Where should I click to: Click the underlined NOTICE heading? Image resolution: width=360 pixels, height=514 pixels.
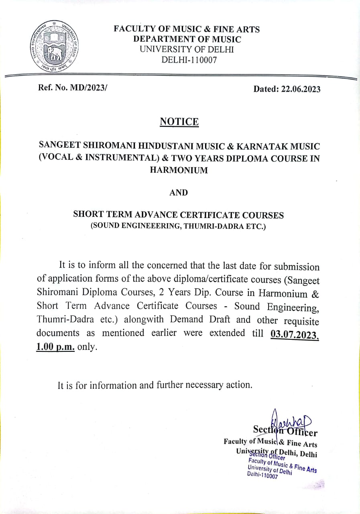tap(179, 121)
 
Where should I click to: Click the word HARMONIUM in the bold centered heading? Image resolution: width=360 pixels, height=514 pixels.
tap(179, 170)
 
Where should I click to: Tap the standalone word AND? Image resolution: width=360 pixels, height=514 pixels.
tap(179, 193)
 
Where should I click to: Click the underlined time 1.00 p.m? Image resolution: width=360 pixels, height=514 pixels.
tap(55, 347)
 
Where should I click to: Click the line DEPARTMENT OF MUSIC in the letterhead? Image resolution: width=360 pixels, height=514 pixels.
tap(187, 39)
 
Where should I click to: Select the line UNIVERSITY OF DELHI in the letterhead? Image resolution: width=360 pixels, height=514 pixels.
tap(187, 49)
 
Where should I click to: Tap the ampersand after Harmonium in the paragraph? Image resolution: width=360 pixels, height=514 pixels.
tap(315, 293)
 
